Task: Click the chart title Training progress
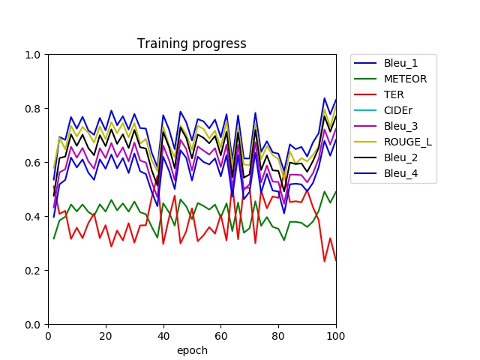(x=192, y=43)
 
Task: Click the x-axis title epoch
(x=192, y=350)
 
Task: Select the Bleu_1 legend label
(x=400, y=63)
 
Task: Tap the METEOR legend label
(x=405, y=79)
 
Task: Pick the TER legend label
(x=394, y=95)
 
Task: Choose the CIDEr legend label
(x=398, y=110)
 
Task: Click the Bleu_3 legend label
(x=400, y=127)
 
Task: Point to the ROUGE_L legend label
(x=408, y=142)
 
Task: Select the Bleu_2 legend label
(x=400, y=158)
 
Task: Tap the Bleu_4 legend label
(x=400, y=173)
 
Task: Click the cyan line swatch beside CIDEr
(x=365, y=110)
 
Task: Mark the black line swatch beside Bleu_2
(x=365, y=157)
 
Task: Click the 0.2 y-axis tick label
(x=32, y=271)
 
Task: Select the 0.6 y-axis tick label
(x=32, y=163)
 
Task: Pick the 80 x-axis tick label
(x=278, y=336)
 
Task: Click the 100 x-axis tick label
(x=336, y=336)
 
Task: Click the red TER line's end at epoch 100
(x=336, y=260)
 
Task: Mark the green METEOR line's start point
(x=54, y=238)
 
